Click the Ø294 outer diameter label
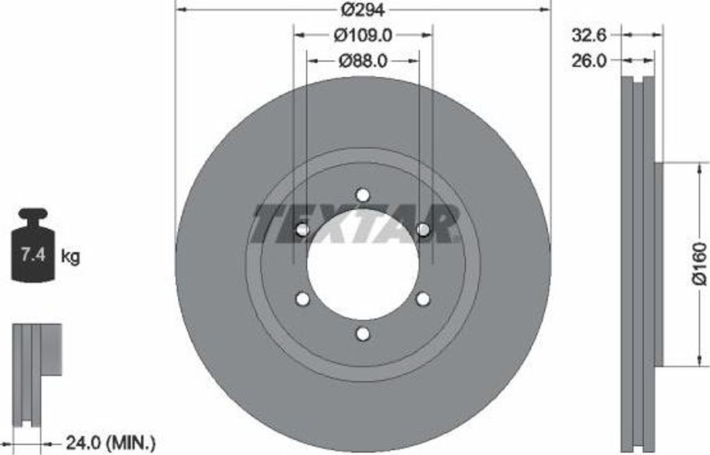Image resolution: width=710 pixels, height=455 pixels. pyautogui.click(x=362, y=10)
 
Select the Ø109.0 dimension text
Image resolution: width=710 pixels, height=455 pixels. pyautogui.click(x=363, y=35)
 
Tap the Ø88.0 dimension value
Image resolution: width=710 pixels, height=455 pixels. pyautogui.click(x=363, y=61)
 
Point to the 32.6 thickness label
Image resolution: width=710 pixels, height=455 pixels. pyautogui.click(x=589, y=35)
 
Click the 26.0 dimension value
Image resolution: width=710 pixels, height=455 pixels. pyautogui.click(x=589, y=61)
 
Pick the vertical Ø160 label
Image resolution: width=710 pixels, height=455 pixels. pyautogui.click(x=700, y=264)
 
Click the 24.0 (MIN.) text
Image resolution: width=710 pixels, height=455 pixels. pyautogui.click(x=111, y=442)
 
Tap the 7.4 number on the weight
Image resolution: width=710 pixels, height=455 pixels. pyautogui.click(x=33, y=255)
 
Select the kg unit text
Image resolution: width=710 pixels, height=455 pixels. pyautogui.click(x=70, y=256)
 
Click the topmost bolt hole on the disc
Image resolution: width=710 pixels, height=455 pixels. pyautogui.click(x=363, y=195)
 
